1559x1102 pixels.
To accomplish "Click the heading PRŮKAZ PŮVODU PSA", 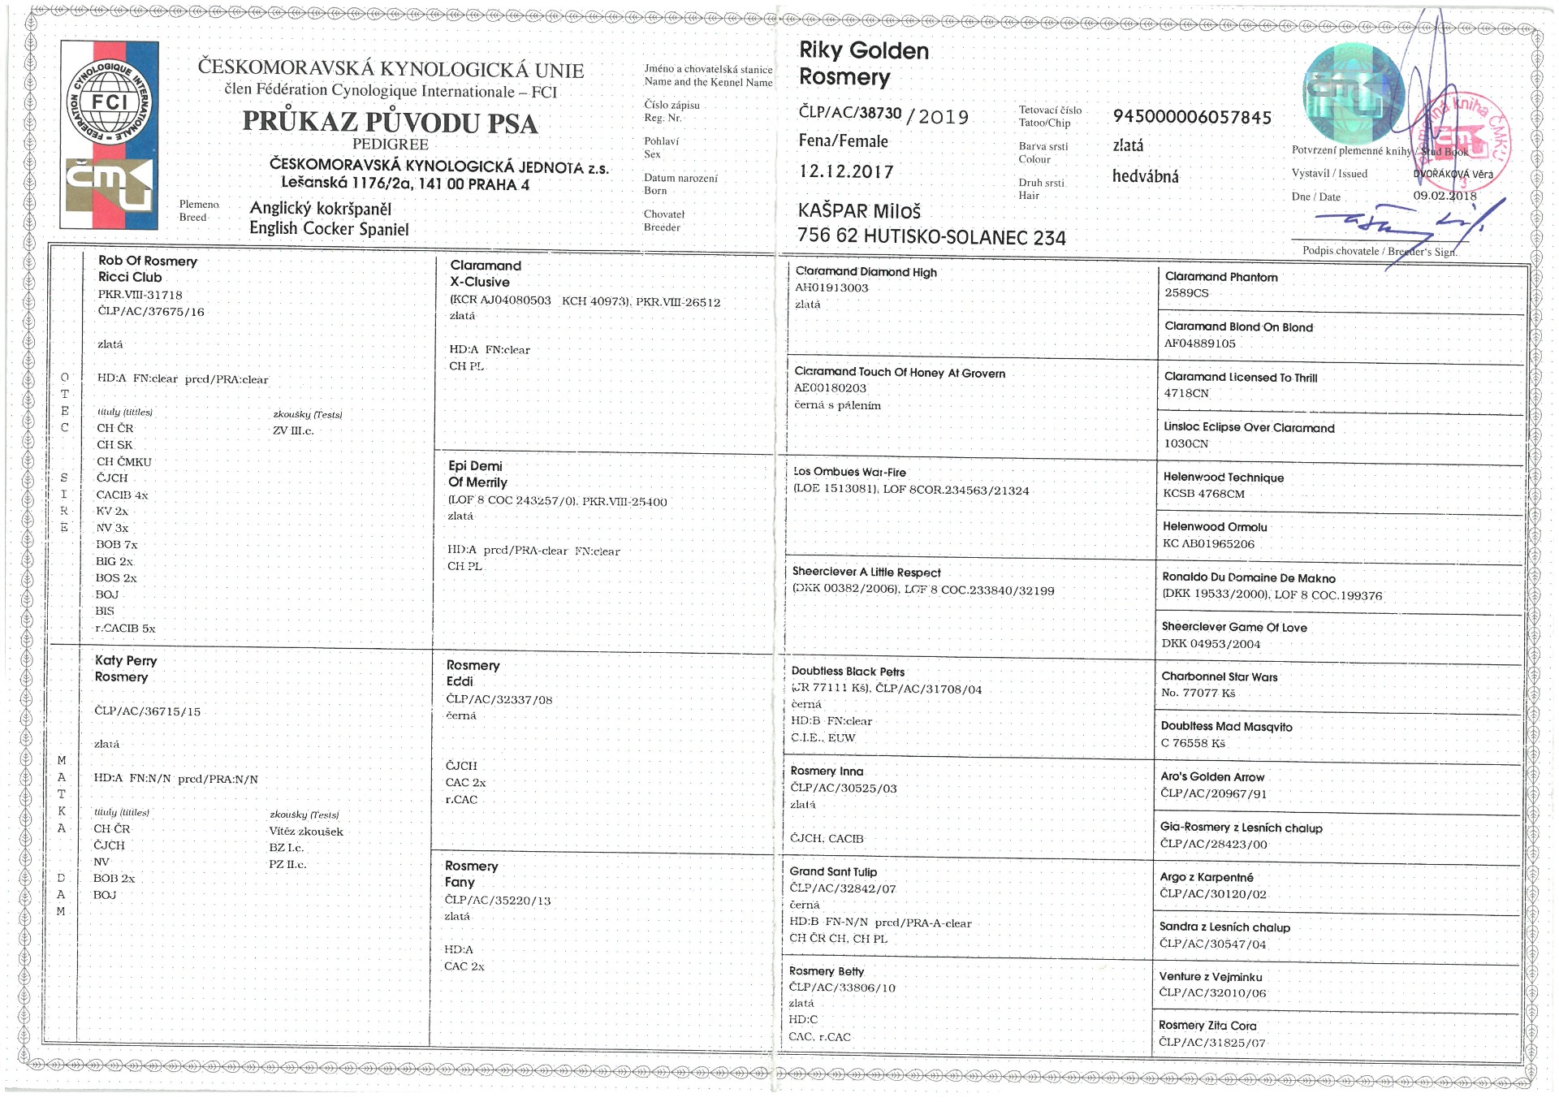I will pos(390,123).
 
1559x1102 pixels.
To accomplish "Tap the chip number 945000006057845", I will pos(1191,117).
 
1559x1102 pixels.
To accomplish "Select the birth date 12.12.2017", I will pos(845,171).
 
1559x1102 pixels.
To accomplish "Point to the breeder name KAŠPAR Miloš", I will pos(859,212).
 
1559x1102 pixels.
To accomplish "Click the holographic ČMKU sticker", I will pos(1353,91).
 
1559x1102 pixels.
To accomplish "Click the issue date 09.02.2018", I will pos(1445,196).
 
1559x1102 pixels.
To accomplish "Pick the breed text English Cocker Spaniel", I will pos(328,229).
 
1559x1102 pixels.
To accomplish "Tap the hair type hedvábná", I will pos(1145,176).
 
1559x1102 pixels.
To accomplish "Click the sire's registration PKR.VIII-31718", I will pos(140,295).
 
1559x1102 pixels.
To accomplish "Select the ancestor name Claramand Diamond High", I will pos(866,272).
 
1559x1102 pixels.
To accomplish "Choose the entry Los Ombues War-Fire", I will pos(849,472).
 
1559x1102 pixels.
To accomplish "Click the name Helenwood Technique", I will pos(1223,478).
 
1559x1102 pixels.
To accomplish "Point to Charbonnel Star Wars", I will pos(1219,676).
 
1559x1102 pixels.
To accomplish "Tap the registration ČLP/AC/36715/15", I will pos(147,711).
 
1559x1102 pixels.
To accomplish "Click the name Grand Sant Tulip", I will pos(833,871).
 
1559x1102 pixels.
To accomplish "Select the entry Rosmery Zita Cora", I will pos(1207,1026).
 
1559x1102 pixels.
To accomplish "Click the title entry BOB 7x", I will pos(117,544).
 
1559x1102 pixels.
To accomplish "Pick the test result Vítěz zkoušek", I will pos(306,831).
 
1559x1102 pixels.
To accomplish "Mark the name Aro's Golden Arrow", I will pos(1212,777).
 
